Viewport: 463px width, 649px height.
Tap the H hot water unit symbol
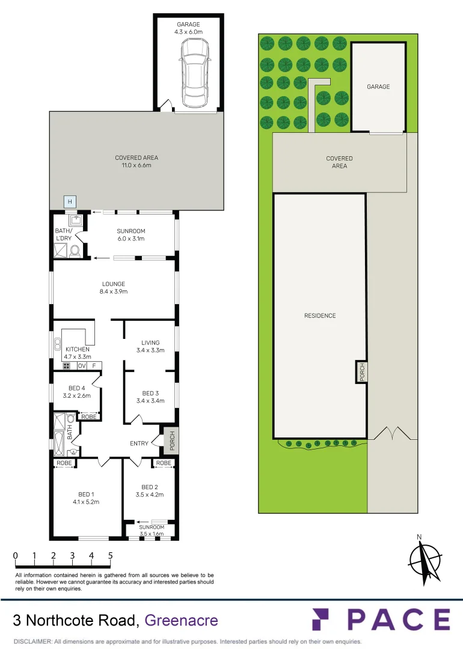pos(70,201)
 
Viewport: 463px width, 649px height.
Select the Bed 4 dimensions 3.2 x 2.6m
pos(76,396)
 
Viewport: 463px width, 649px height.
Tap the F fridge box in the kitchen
pos(94,365)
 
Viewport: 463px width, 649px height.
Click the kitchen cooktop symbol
pos(66,365)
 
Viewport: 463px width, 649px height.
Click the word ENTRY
pos(139,443)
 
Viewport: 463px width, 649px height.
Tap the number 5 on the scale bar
pos(111,556)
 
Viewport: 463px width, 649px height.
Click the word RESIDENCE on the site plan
pos(320,315)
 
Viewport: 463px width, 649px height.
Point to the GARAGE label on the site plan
pos(378,87)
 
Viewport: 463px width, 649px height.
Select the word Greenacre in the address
pos(182,620)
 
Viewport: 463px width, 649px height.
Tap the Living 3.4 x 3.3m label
pos(150,346)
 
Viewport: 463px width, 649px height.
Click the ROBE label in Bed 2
pos(162,463)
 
